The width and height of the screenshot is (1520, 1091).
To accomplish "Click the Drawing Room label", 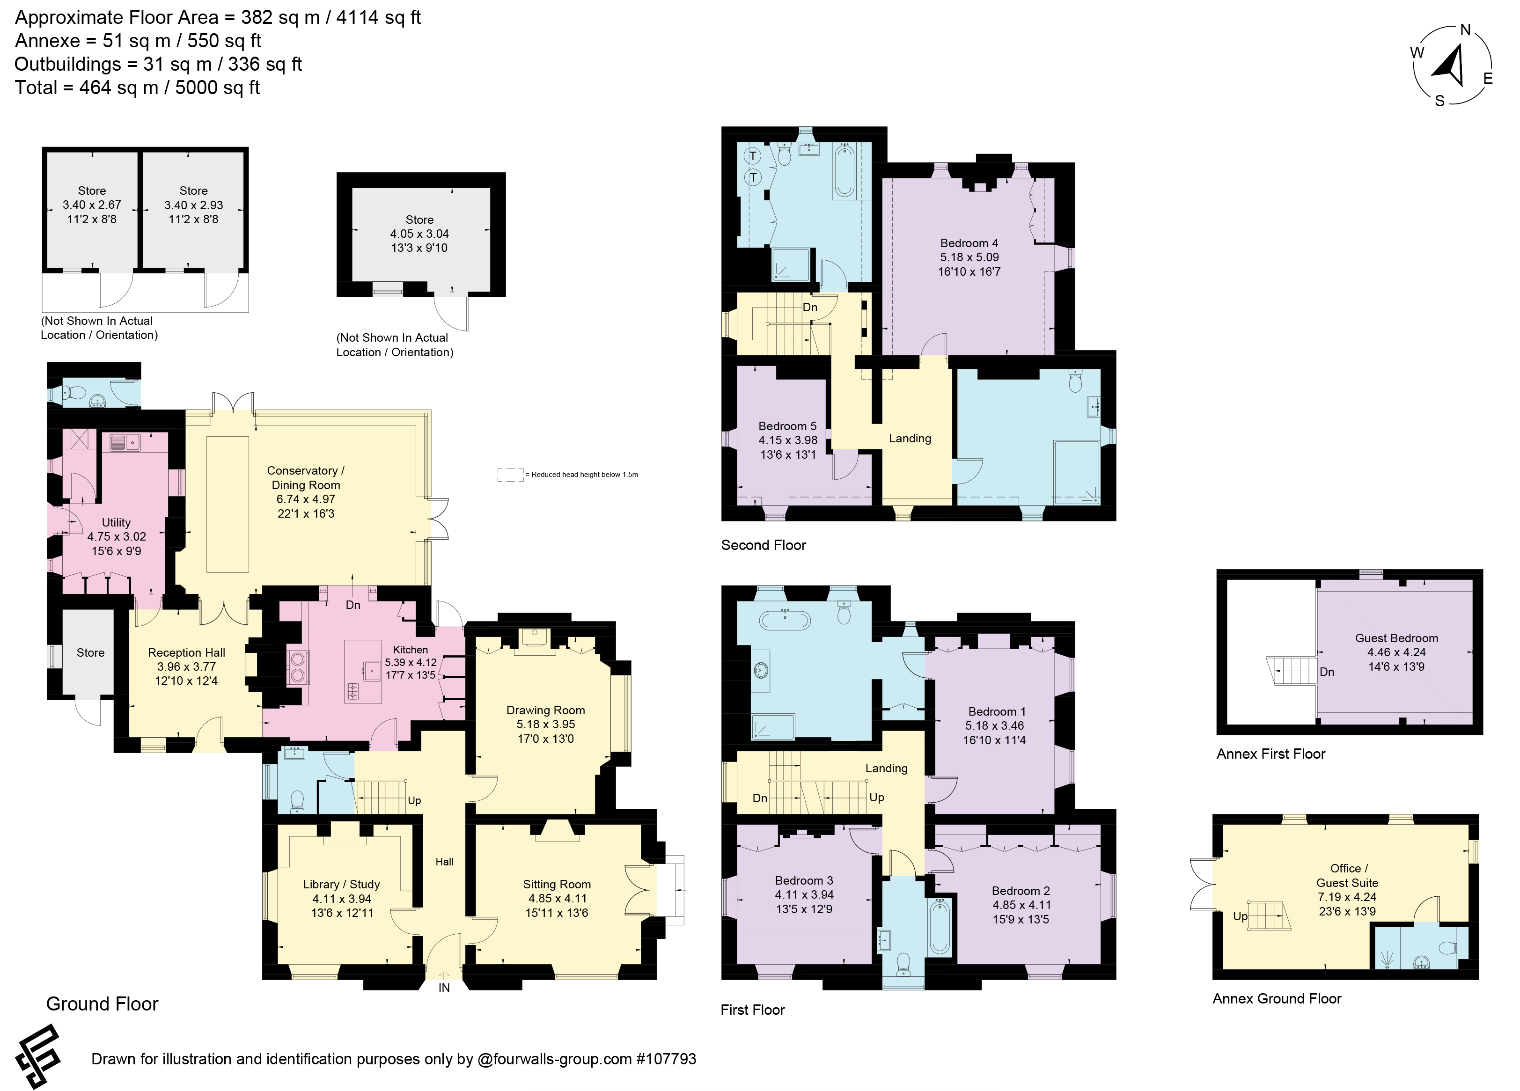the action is (x=545, y=710).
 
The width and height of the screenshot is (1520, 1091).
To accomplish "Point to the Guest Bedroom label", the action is (x=1396, y=638).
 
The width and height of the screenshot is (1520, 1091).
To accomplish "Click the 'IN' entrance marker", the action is (x=444, y=987).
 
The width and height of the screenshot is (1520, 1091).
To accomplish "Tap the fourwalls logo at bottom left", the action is (x=39, y=1056).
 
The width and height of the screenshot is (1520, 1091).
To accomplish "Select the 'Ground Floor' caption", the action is (x=102, y=1004).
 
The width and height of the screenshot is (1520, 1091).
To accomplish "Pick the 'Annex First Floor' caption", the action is (x=1270, y=754).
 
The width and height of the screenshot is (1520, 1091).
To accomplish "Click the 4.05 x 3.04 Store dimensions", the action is (x=419, y=234).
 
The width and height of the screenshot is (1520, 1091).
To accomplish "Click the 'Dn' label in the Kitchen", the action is (x=353, y=605).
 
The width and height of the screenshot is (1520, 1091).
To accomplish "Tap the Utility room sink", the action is (x=125, y=442).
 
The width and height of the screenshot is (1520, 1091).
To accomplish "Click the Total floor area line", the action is (x=137, y=88).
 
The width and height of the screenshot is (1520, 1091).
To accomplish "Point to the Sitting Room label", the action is (x=557, y=885).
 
